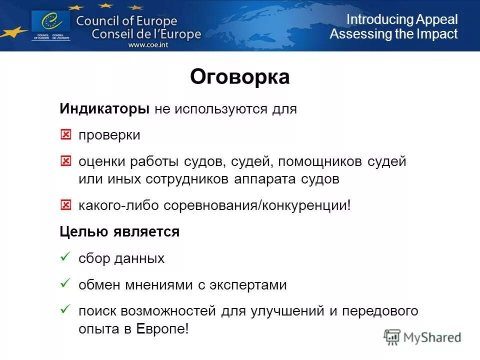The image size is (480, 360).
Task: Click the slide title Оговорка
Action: pos(239,77)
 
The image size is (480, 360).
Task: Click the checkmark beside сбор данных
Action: pos(64,258)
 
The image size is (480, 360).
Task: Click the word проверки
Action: pos(109,135)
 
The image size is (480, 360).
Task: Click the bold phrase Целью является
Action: pos(119,232)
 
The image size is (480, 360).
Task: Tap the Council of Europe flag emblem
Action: pos(50,22)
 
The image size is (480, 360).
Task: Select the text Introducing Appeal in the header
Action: pos(402,19)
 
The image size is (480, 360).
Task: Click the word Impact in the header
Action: pos(438,34)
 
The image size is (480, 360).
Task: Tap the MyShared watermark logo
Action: pos(422,337)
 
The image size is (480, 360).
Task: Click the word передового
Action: pos(380,311)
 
